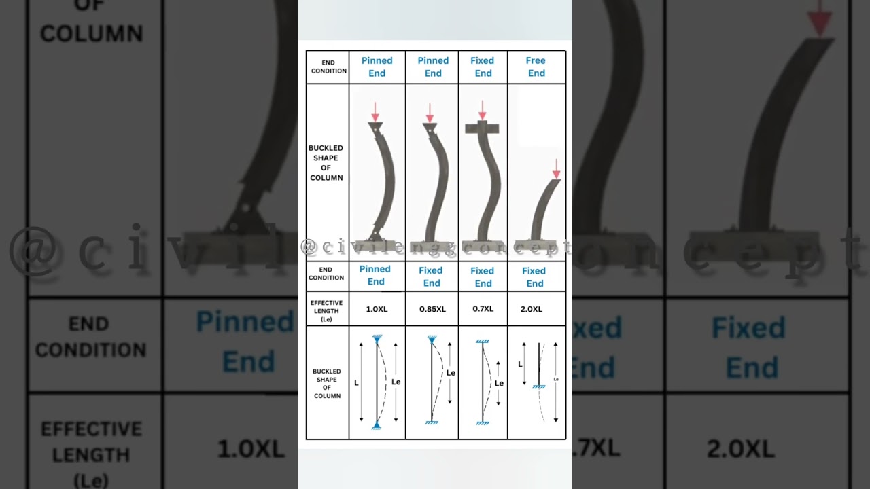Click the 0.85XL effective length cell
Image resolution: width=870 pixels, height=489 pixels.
pos(432,309)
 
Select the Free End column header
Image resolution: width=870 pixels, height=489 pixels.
pos(536,67)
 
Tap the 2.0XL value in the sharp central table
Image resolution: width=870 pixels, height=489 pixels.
pos(532,309)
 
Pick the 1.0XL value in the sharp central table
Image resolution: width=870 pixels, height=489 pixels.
pos(377,309)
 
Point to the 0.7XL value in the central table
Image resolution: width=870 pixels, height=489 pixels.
pos(483,308)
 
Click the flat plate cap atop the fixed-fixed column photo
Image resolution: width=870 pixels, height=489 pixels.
pos(482,128)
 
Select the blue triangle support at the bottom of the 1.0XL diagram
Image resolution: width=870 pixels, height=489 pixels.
pos(377,425)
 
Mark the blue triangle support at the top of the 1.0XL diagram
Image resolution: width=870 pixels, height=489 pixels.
pos(377,338)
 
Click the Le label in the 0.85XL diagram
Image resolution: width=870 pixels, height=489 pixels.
pos(451,373)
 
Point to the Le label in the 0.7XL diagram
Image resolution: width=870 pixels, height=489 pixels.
pos(499,383)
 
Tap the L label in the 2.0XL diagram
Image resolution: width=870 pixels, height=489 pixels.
pos(521,364)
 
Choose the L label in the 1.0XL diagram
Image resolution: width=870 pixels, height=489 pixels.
pos(356,383)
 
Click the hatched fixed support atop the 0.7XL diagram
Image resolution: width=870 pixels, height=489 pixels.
pos(483,341)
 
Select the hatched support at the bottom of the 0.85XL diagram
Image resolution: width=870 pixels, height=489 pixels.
pos(432,422)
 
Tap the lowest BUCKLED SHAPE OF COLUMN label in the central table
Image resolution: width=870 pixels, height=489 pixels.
pos(327,384)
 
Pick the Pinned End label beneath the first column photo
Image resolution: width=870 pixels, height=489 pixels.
pos(375,275)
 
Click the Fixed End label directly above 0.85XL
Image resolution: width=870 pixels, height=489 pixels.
pos(431,276)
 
